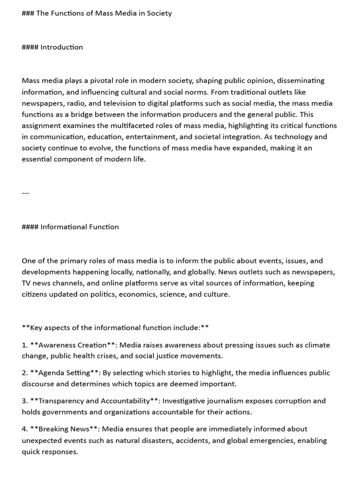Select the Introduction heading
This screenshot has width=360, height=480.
61,47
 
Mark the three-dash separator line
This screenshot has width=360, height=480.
25,193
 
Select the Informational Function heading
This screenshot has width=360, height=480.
79,227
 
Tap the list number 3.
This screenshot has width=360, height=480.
24,401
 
